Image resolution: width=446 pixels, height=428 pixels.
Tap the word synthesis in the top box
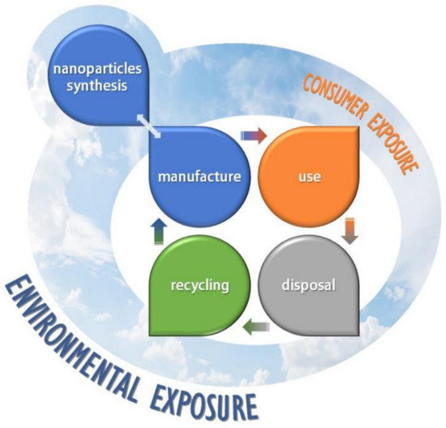[x=95, y=88]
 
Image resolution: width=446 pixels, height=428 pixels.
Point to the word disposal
[x=308, y=286]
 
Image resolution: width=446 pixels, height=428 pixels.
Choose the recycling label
[x=198, y=286]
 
